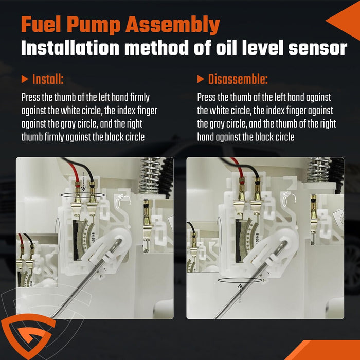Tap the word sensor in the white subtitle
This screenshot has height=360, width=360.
pyautogui.click(x=318, y=48)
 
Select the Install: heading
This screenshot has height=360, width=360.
pyautogui.click(x=48, y=79)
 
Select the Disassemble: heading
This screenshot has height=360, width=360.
pyautogui.click(x=238, y=79)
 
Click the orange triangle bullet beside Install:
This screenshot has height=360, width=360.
pyautogui.click(x=25, y=79)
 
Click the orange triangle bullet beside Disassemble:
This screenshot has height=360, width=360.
pyautogui.click(x=201, y=79)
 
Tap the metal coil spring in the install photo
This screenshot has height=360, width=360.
pyautogui.click(x=150, y=176)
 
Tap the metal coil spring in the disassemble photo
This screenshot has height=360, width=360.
pyautogui.click(x=318, y=169)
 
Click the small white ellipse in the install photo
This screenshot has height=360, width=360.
pyautogui.click(x=118, y=204)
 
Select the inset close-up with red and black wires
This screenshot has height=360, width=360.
pyautogui.click(x=37, y=260)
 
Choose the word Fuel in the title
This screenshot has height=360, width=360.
pyautogui.click(x=41, y=25)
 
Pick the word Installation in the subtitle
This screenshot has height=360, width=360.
pyautogui.click(x=70, y=48)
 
